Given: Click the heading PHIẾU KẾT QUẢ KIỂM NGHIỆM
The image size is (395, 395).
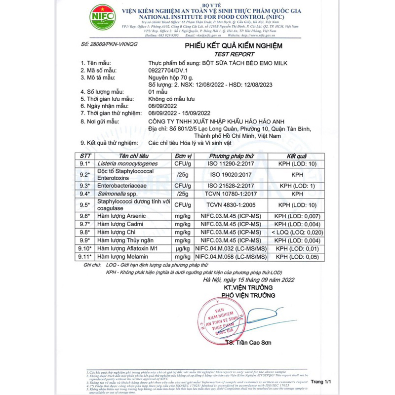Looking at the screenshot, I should click(233, 46).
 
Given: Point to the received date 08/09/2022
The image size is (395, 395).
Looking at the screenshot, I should click(164, 106).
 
